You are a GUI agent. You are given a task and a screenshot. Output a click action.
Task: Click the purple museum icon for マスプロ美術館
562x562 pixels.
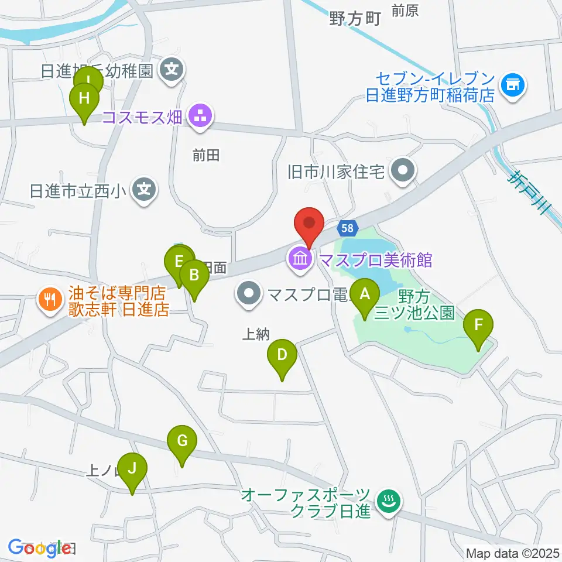[300, 258]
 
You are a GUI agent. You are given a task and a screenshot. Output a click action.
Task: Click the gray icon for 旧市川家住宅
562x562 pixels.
[403, 172]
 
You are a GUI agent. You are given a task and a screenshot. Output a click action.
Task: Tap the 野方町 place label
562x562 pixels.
[355, 19]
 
